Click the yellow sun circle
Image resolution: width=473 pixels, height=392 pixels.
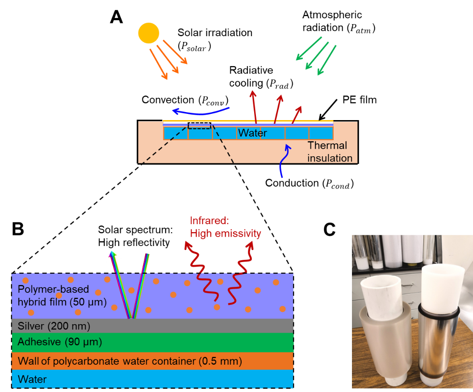(x=148, y=33)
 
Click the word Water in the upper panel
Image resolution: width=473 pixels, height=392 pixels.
(x=252, y=133)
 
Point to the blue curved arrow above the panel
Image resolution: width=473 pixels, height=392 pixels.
(x=201, y=111)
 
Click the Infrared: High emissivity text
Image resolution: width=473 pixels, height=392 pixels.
(x=225, y=227)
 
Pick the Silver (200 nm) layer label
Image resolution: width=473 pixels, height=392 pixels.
(x=54, y=326)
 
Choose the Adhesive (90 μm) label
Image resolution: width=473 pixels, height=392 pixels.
(x=59, y=342)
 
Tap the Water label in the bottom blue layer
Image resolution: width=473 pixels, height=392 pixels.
(x=32, y=379)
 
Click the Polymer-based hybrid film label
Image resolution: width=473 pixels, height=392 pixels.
(x=62, y=296)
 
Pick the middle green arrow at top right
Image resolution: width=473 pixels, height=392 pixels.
(x=317, y=56)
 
